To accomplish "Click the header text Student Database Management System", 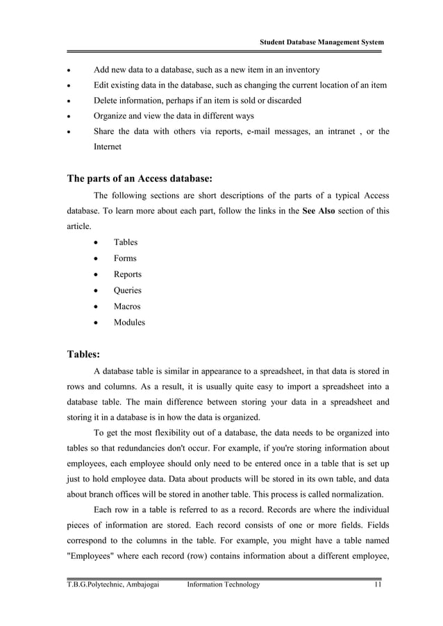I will [x=321, y=43].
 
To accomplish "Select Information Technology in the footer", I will [x=224, y=585].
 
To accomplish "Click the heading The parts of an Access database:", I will [x=139, y=178].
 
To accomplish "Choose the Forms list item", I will [x=125, y=259].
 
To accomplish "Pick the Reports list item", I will [x=127, y=275].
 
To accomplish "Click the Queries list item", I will [x=127, y=291].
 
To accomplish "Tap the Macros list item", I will [x=126, y=307].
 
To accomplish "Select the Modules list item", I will [x=129, y=323].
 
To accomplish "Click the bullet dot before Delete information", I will [x=68, y=101].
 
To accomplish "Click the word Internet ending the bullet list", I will [x=108, y=148].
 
